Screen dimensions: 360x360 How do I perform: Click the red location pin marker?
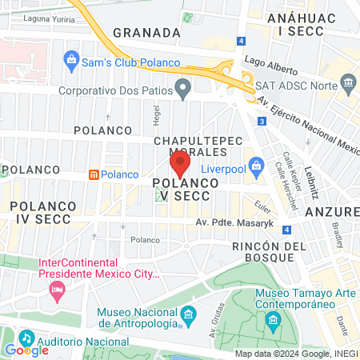(180, 165)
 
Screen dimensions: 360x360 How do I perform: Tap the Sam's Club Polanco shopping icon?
(71, 61)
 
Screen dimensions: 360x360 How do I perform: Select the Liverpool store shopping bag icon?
(257, 166)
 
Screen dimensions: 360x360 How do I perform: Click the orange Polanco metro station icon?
(94, 174)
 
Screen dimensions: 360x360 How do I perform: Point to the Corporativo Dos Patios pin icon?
(184, 88)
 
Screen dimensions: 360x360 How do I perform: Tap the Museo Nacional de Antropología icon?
(188, 314)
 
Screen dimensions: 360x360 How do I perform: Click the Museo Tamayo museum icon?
(274, 322)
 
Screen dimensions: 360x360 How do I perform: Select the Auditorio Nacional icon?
(26, 338)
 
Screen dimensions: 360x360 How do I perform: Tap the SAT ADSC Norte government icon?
(348, 82)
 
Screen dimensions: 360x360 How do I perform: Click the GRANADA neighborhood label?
(146, 33)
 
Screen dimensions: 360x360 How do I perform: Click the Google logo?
(26, 350)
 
